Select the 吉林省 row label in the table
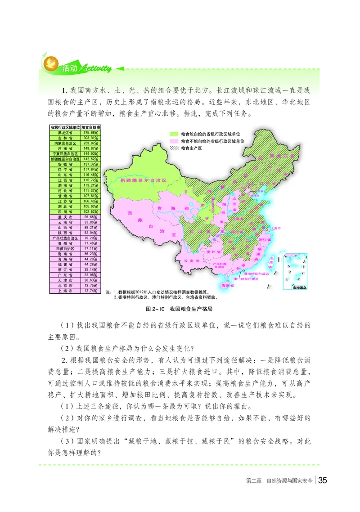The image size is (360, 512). pyautogui.click(x=65, y=138)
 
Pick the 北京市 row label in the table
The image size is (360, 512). pyautogui.click(x=65, y=285)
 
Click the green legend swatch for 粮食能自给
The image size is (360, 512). pyautogui.click(x=174, y=134)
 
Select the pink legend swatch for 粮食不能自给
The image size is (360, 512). pyautogui.click(x=174, y=141)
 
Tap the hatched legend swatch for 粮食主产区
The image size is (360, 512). pyautogui.click(x=174, y=148)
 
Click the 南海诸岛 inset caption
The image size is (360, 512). pyautogui.click(x=298, y=287)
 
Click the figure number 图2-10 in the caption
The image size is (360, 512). pyautogui.click(x=155, y=310)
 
